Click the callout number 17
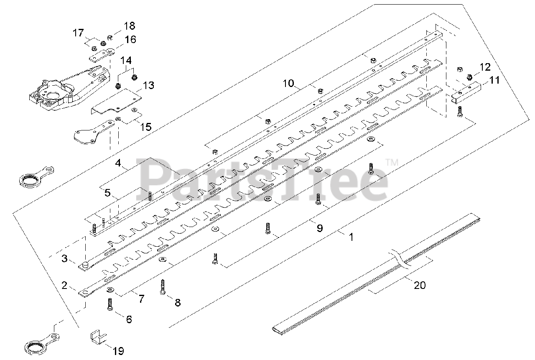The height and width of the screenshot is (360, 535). pos(78,32)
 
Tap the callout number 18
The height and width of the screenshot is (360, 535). pos(130,26)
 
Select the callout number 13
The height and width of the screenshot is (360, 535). pos(148,86)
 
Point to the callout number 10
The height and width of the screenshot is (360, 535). pos(288,83)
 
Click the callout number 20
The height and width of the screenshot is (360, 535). pos(419,285)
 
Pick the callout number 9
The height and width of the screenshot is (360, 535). pos(319,228)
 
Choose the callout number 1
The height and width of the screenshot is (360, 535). pos(351,237)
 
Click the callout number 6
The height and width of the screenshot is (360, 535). pos(129,319)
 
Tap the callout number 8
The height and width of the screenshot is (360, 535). pos(178,302)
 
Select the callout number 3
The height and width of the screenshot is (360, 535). pos(64,258)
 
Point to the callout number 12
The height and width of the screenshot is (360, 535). pos(484,66)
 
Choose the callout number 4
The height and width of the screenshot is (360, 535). pos(118,163)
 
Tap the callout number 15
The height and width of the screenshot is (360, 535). pos(145,126)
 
